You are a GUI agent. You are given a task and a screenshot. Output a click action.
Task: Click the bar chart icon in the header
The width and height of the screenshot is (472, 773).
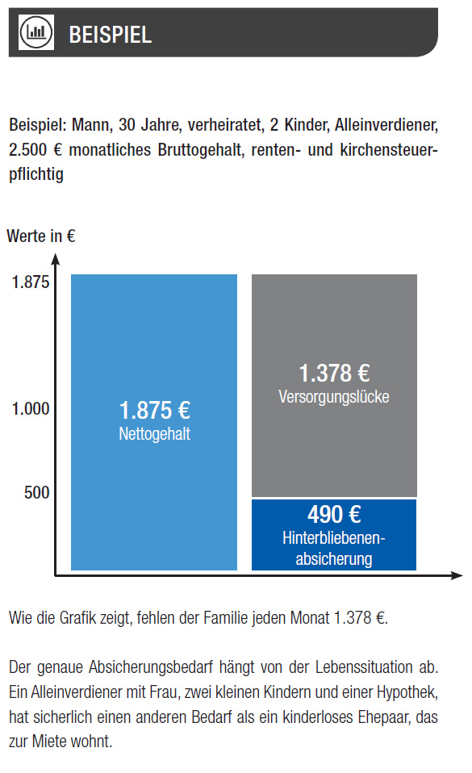click(x=36, y=32)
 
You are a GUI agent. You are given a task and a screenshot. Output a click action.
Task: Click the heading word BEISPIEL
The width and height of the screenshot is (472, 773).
click(x=110, y=35)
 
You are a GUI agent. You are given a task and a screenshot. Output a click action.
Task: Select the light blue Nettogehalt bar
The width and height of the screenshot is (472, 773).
click(x=154, y=422)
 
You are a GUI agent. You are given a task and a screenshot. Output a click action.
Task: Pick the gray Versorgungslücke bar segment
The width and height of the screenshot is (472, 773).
click(x=334, y=386)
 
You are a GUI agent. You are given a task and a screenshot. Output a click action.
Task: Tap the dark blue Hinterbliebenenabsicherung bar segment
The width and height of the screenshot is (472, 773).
click(x=334, y=535)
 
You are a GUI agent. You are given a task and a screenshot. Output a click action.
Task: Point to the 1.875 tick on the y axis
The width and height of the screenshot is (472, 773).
click(x=31, y=282)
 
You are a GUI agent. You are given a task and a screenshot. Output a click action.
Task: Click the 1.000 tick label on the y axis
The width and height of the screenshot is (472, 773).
click(x=31, y=408)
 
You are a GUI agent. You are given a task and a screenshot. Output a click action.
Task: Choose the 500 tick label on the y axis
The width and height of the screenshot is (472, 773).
click(x=37, y=492)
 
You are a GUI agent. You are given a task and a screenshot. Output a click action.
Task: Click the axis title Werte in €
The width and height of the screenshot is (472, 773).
click(x=41, y=236)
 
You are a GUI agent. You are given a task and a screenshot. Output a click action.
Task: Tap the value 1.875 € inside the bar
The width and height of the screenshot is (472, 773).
click(x=155, y=410)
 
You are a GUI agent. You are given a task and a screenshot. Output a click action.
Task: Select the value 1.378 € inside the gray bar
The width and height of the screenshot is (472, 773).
click(x=334, y=374)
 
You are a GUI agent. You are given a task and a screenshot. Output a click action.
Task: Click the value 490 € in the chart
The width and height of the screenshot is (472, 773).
click(x=334, y=515)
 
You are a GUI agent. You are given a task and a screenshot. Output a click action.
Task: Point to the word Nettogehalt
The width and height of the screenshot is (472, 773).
click(x=154, y=434)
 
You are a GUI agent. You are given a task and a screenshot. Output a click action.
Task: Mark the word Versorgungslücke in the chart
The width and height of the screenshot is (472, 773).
click(x=334, y=397)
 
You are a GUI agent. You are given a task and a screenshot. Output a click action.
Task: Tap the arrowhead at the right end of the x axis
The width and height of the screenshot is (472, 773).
click(x=457, y=575)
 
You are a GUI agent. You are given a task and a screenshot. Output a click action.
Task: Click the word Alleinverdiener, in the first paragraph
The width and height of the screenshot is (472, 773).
click(x=386, y=125)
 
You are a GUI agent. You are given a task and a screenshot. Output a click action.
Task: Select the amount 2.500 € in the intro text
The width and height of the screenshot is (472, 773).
click(x=36, y=150)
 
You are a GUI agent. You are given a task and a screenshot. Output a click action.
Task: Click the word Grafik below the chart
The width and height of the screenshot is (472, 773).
click(x=78, y=618)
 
